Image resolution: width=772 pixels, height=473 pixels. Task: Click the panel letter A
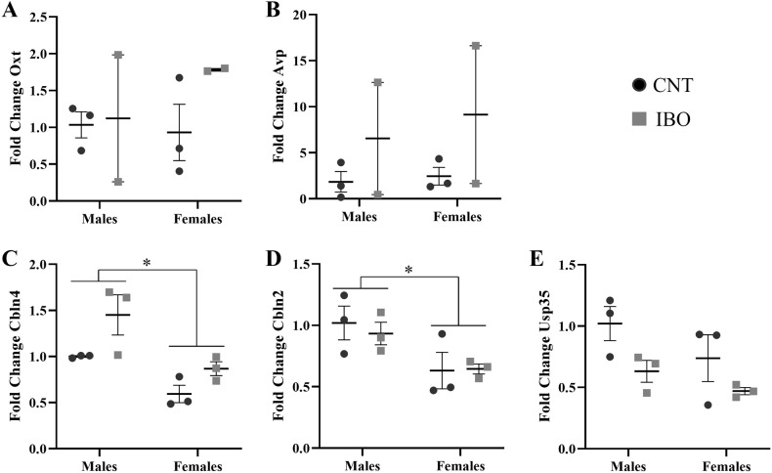pos(8,9)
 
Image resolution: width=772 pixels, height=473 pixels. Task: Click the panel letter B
pos(259,9)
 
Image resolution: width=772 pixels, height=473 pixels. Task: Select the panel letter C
pos(8,260)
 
